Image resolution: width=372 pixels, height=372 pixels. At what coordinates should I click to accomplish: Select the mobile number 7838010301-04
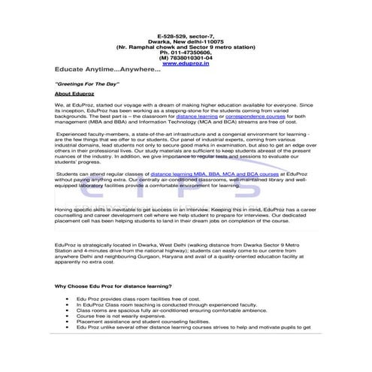186,56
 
